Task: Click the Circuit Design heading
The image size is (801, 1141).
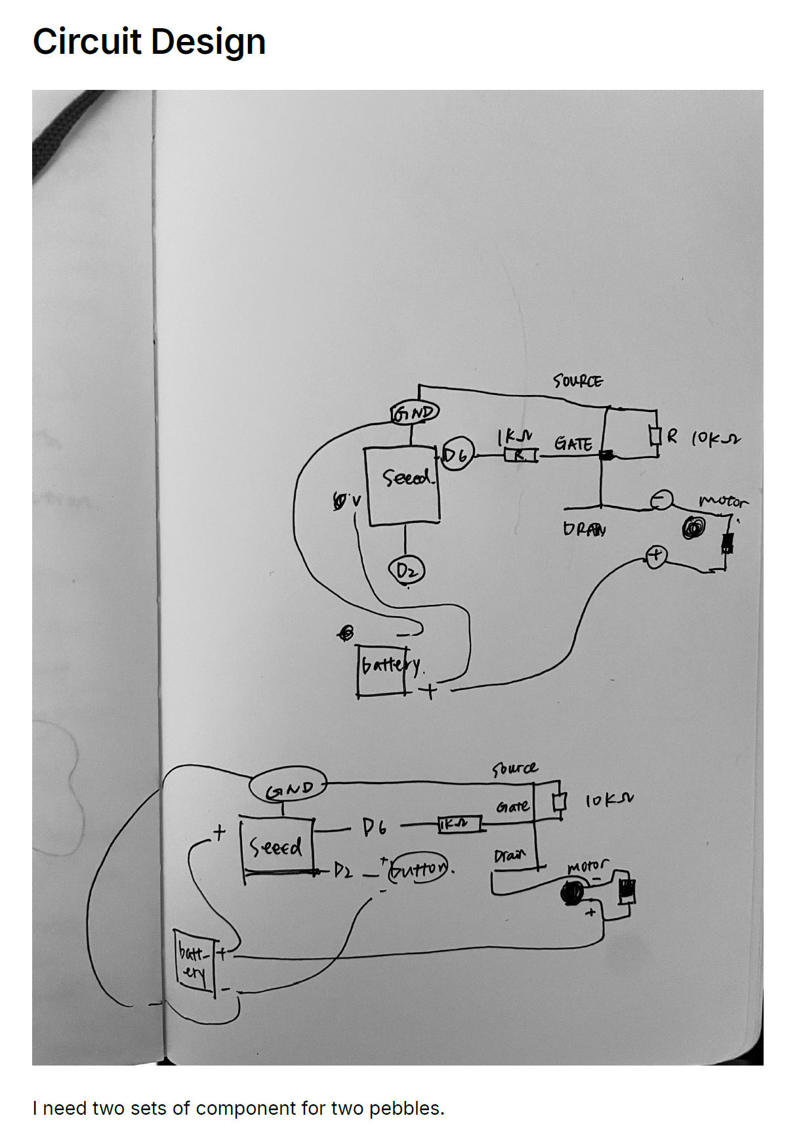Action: [149, 41]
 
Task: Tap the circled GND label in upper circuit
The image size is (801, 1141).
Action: [414, 413]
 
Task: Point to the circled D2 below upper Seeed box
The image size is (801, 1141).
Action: [407, 571]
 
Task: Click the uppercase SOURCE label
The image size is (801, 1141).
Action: [577, 381]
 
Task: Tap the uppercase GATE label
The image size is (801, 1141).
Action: [573, 444]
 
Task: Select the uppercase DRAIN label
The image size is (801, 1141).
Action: [584, 529]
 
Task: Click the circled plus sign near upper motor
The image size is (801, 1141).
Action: [656, 556]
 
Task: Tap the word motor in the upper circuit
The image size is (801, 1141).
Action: [723, 502]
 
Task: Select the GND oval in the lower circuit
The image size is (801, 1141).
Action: [288, 787]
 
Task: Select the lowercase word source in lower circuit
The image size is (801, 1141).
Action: [514, 768]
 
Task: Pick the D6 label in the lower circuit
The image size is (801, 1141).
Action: [375, 828]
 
